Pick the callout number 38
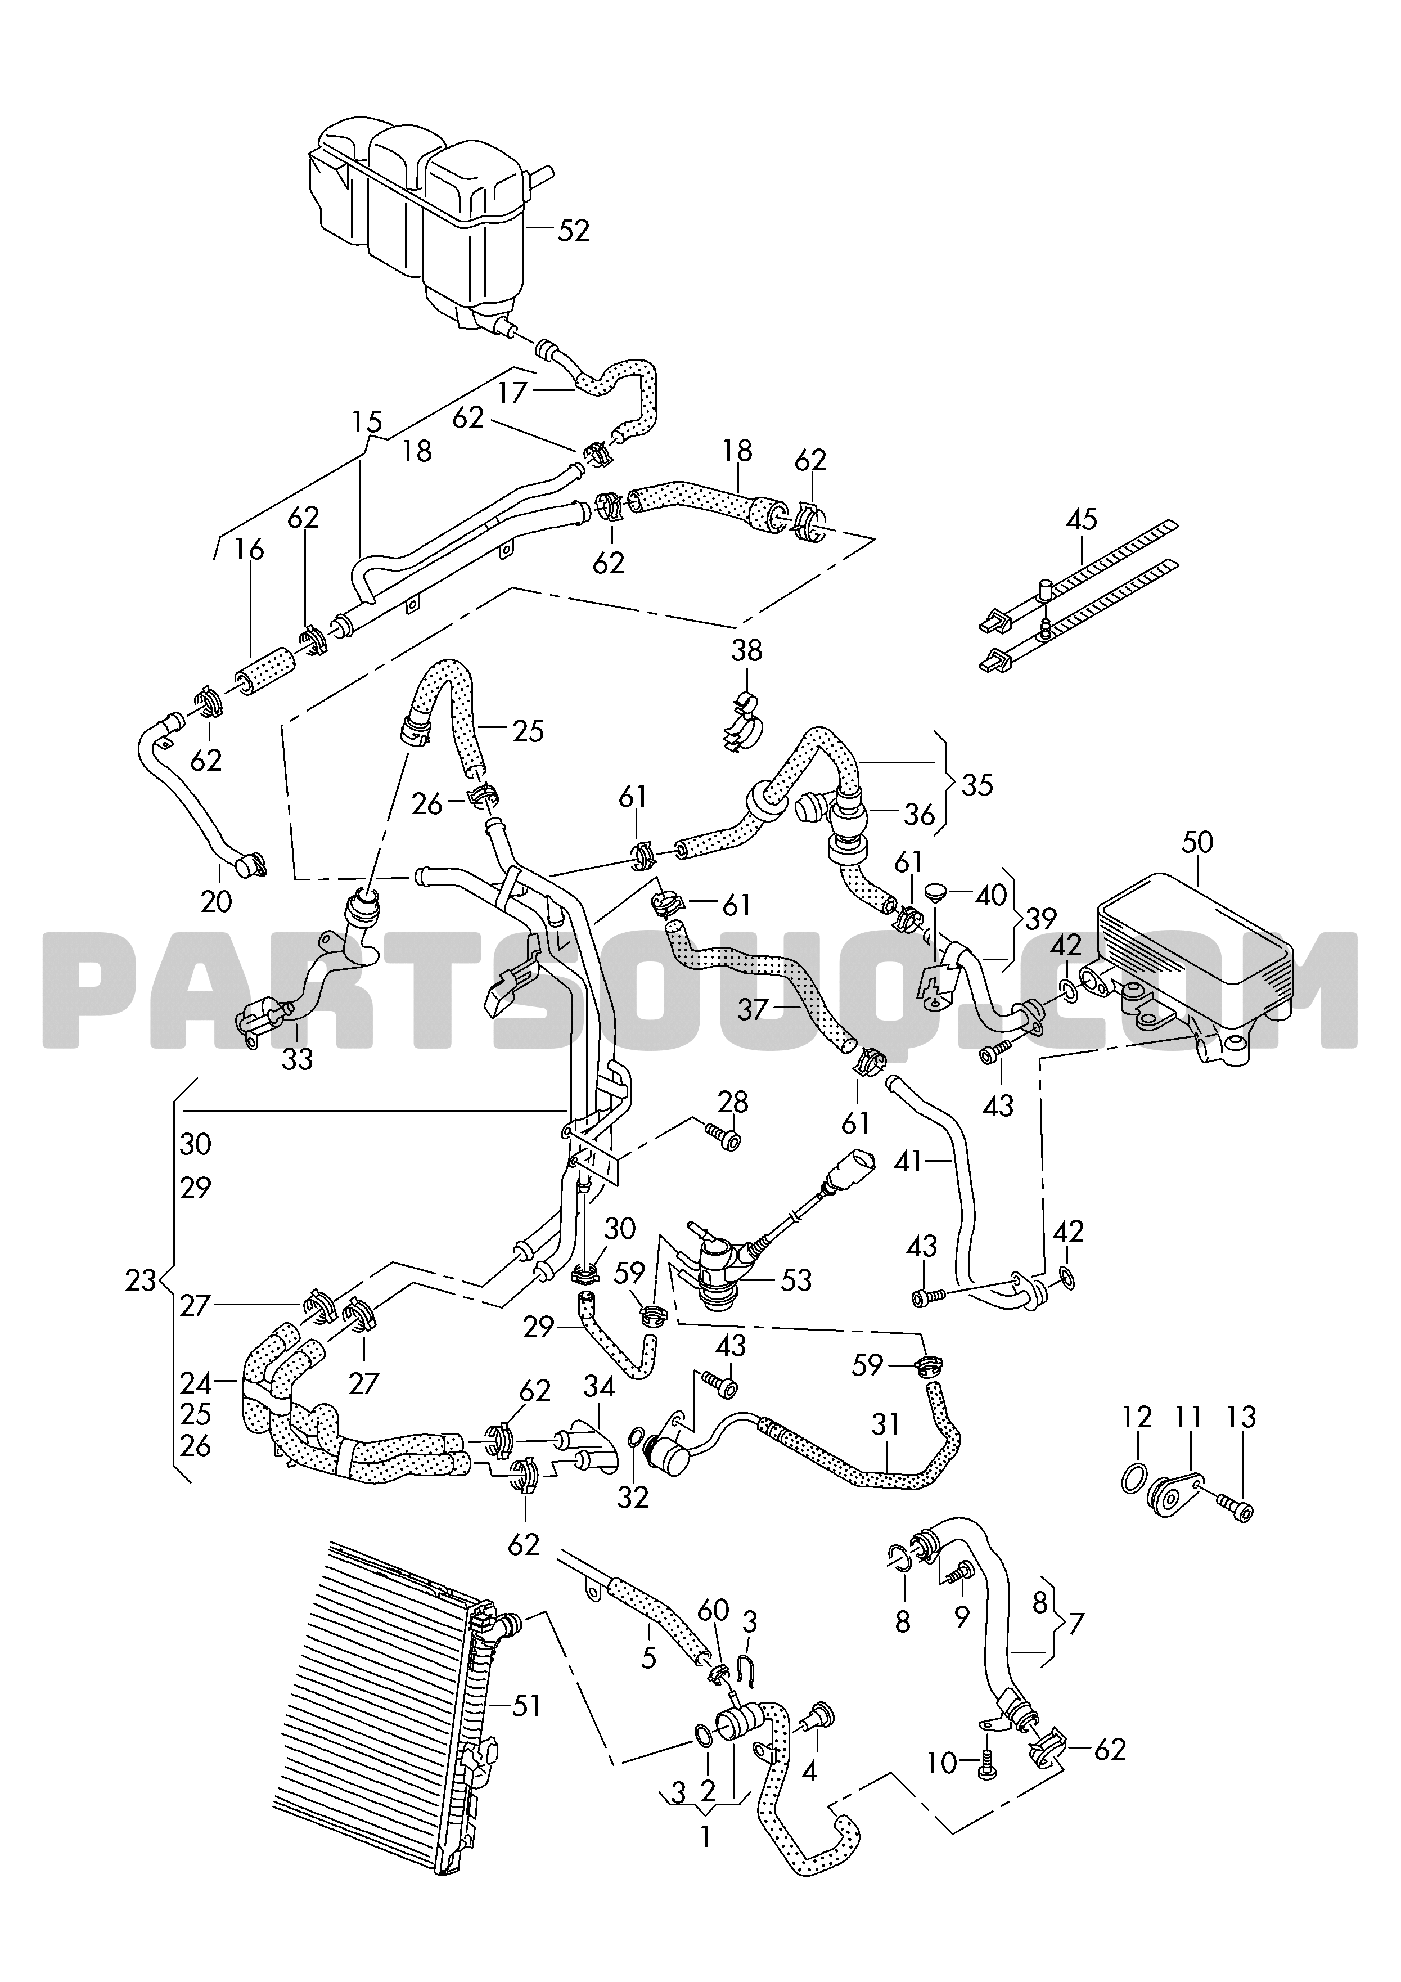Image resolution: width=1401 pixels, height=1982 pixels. pos(747,649)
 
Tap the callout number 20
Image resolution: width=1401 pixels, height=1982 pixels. pos(216,901)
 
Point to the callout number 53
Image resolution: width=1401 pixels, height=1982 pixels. pos(795,1280)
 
